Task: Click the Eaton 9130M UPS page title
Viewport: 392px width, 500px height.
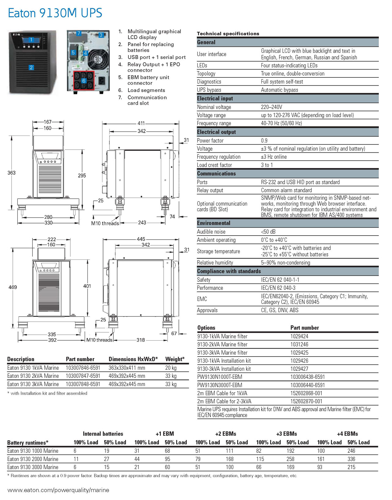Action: coord(55,13)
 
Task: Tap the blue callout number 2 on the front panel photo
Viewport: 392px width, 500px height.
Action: coord(31,68)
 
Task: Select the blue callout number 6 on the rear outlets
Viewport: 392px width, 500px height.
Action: coord(83,81)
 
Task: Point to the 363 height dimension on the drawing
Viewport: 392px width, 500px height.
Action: coord(11,173)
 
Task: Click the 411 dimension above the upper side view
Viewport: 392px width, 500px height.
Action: coord(141,123)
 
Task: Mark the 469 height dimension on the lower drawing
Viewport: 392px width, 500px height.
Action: coord(13,287)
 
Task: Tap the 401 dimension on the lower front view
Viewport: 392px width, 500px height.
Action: coord(87,286)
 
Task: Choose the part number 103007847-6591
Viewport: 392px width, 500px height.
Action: coord(83,376)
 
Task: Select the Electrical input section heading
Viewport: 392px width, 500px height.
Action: coord(215,99)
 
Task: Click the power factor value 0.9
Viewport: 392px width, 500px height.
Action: coord(264,140)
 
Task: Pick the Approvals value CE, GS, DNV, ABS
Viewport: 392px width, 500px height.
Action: coord(279,310)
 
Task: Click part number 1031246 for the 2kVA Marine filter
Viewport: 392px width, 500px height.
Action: coord(299,345)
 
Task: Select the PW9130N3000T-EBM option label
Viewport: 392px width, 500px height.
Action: coord(220,385)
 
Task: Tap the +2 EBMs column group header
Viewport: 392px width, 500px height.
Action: coord(226,434)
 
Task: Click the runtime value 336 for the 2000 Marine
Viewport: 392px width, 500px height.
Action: coord(351,459)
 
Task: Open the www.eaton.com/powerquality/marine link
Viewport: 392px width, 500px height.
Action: coord(58,490)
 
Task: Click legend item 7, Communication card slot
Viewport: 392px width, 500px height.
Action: coord(147,100)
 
